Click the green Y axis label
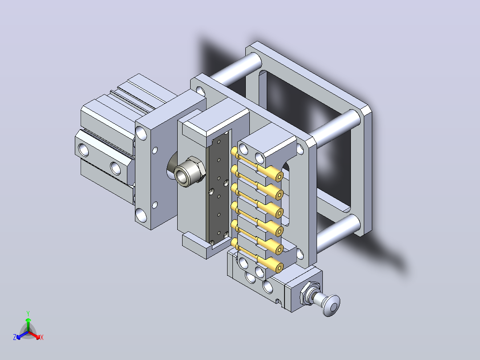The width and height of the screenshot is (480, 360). point(28,313)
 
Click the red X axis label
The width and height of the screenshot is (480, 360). point(42,337)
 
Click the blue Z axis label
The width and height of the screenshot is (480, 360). point(14,337)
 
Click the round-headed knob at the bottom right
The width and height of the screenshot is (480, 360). point(331,305)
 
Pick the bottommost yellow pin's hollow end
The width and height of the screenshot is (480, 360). point(279,268)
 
